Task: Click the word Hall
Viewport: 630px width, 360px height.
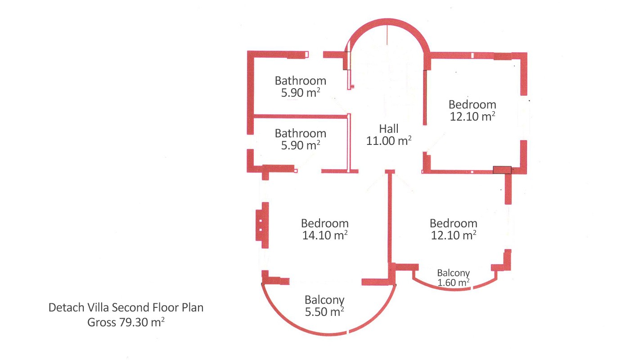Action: click(x=389, y=129)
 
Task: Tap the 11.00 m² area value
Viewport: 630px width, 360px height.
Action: click(x=389, y=140)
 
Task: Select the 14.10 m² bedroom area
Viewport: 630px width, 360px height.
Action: click(x=325, y=235)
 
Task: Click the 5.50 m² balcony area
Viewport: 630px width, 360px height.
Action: click(x=324, y=312)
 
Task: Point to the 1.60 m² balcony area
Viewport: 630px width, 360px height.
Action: click(x=454, y=283)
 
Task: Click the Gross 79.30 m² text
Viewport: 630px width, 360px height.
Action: click(x=126, y=322)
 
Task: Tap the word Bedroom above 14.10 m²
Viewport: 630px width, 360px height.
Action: click(x=325, y=223)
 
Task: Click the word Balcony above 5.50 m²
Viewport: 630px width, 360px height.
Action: click(x=324, y=300)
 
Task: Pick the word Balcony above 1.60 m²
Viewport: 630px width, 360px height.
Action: click(x=454, y=273)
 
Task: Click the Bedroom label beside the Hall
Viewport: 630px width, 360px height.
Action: click(x=472, y=104)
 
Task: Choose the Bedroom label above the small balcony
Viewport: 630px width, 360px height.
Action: click(x=454, y=223)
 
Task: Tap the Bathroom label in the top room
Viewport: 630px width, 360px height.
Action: click(x=301, y=81)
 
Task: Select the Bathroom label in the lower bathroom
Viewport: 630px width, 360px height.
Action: click(x=301, y=133)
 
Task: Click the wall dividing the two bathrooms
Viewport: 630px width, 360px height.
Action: click(x=301, y=116)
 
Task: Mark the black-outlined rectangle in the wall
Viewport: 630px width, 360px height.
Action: click(x=502, y=170)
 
